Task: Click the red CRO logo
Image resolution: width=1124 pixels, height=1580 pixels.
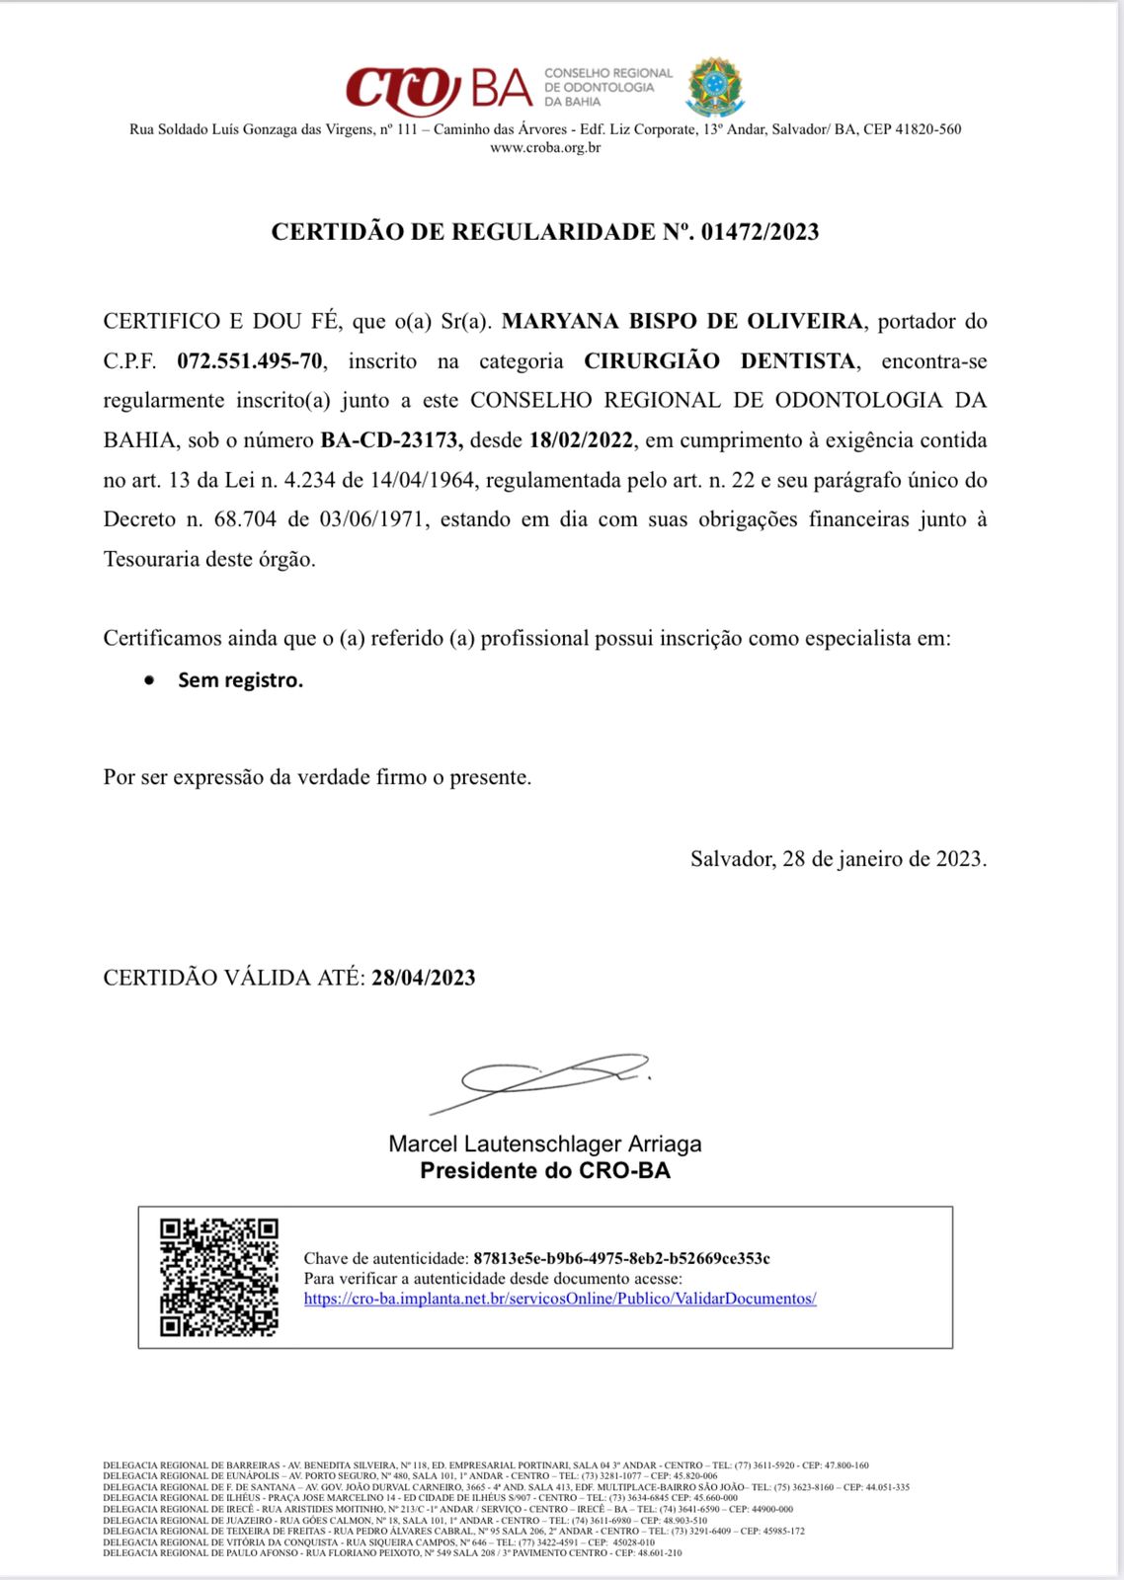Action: coord(403,89)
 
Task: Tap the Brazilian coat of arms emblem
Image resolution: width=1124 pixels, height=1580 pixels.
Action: coord(716,87)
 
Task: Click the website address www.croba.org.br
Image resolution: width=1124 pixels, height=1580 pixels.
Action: coord(545,148)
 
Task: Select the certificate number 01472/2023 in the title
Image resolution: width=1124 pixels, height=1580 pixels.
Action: coord(760,232)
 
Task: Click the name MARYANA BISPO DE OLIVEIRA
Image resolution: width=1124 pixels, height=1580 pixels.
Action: coord(682,321)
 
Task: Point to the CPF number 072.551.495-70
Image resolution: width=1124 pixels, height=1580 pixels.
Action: coord(250,361)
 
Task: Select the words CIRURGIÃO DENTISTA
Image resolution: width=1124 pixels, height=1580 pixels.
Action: coord(721,361)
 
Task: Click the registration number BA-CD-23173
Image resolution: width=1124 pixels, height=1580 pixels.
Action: coord(391,440)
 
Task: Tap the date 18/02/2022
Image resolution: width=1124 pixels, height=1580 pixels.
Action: coord(581,440)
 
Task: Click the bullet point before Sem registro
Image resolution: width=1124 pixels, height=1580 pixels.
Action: coord(149,680)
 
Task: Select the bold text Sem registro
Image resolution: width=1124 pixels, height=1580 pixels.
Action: coord(240,680)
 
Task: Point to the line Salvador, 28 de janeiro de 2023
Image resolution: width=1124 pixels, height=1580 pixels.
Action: coord(839,859)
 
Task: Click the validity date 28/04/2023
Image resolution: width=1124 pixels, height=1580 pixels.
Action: coord(424,978)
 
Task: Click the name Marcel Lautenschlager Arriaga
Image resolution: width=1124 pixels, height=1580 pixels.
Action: coord(545,1145)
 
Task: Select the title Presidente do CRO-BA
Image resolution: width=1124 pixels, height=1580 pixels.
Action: coord(545,1171)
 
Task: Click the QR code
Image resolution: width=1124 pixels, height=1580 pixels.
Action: coord(219,1278)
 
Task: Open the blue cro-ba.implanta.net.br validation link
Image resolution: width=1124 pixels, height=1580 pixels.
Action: coord(560,1299)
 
